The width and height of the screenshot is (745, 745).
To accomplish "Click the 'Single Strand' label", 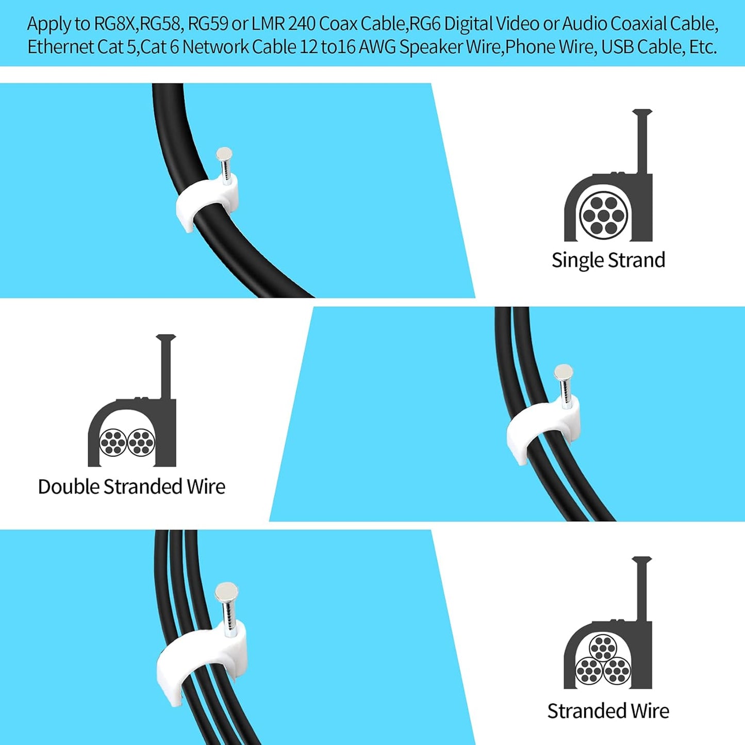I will (608, 260).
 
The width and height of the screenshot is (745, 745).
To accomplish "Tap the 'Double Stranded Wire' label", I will (131, 487).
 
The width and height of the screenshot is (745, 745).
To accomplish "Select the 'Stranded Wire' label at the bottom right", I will (608, 711).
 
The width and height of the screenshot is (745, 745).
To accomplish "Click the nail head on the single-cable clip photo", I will (224, 153).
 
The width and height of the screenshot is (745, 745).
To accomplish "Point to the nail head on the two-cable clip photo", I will (563, 371).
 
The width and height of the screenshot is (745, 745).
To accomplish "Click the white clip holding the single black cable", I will (206, 202).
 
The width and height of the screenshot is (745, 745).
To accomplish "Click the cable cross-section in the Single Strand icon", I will (604, 214).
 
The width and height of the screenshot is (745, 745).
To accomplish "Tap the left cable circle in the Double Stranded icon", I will (113, 442).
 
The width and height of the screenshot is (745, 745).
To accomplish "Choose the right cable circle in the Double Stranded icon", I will (141, 442).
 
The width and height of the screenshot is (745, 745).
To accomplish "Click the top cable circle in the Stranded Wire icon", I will (603, 648).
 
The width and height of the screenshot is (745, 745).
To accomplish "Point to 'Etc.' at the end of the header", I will (703, 47).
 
